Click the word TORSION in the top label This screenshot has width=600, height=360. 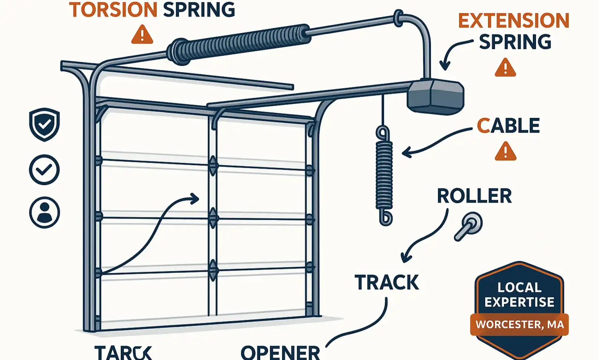113,10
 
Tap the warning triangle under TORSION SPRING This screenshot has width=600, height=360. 142,34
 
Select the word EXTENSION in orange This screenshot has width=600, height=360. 513,21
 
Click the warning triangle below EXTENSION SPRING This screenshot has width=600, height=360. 505,68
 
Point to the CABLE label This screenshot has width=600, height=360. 508,126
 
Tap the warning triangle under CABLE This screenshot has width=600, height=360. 505,152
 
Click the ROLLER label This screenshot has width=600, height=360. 474,196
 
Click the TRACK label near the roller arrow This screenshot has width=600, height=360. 387,283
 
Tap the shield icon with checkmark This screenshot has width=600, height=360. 45,124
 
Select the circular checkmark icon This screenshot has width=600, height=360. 45,170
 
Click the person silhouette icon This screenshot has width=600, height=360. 45,213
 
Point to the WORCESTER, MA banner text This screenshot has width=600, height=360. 519,324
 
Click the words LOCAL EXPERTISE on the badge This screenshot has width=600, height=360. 519,295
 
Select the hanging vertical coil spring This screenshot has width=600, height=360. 384,175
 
